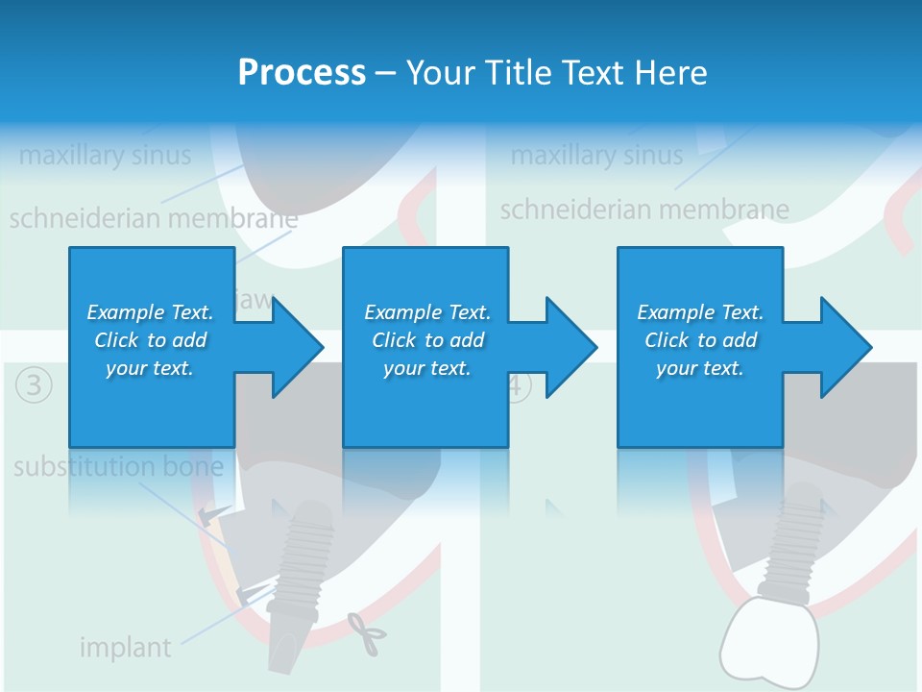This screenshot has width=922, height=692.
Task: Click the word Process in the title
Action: [x=302, y=73]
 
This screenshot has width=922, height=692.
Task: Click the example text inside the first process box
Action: [x=151, y=340]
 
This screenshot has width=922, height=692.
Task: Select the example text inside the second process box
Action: [x=427, y=340]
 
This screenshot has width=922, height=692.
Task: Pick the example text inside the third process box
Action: [x=700, y=340]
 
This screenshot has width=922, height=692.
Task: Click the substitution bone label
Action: [x=118, y=468]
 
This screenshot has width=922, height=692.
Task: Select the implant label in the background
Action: [x=125, y=648]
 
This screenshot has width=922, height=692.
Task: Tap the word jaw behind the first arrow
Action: [x=254, y=300]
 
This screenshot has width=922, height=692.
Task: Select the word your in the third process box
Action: [x=677, y=368]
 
